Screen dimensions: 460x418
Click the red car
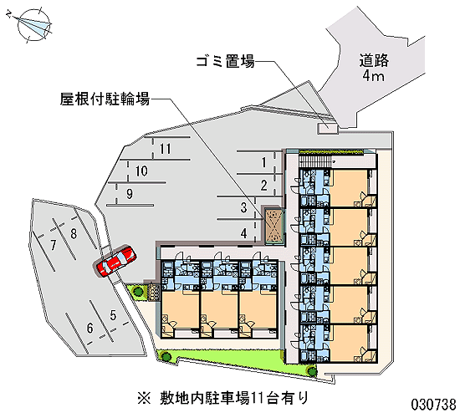116,261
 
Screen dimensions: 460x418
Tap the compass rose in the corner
34,24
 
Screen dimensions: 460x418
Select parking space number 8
74,234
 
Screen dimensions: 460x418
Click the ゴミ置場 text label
225,62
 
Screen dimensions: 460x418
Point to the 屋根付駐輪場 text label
105,99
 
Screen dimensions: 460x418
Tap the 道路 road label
374,60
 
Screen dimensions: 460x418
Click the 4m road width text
373,76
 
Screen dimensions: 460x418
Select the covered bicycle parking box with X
274,226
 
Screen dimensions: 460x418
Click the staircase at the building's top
314,161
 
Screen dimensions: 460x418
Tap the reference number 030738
433,405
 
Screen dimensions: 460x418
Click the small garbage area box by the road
328,129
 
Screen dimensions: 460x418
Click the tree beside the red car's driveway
138,291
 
